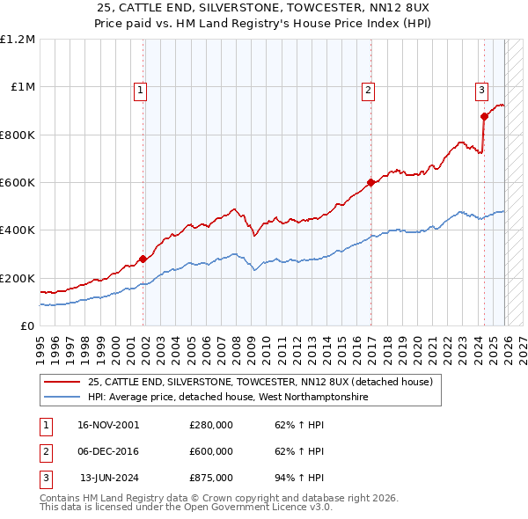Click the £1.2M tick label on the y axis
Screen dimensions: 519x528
click(18, 40)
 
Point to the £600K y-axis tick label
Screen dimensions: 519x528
click(18, 183)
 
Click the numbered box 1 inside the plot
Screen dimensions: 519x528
click(141, 89)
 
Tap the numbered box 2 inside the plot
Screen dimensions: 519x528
click(368, 89)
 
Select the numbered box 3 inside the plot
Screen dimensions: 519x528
click(481, 89)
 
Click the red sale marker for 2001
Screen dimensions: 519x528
click(143, 259)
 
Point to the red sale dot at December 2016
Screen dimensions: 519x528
click(370, 183)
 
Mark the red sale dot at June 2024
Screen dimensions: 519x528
click(484, 116)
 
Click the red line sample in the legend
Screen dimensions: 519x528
click(62, 383)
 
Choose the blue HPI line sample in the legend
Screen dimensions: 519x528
click(62, 398)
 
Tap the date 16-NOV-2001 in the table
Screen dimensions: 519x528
click(108, 425)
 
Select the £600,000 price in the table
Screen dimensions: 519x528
click(211, 451)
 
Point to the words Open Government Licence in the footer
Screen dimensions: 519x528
click(263, 508)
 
